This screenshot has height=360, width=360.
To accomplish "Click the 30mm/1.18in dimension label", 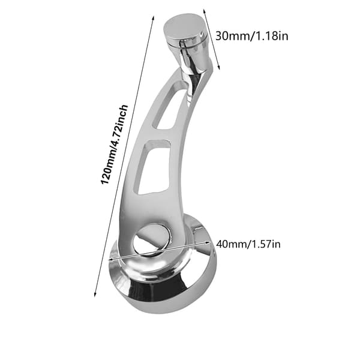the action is point(251,36).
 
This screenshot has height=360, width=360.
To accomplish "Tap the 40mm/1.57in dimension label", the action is point(248,244).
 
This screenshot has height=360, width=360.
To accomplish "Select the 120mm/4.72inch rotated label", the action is point(114,145).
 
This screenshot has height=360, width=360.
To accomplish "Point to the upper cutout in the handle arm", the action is point(169,107).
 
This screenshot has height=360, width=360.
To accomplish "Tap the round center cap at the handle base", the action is point(152,239).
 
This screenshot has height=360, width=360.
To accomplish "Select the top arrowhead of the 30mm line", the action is point(204,11).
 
